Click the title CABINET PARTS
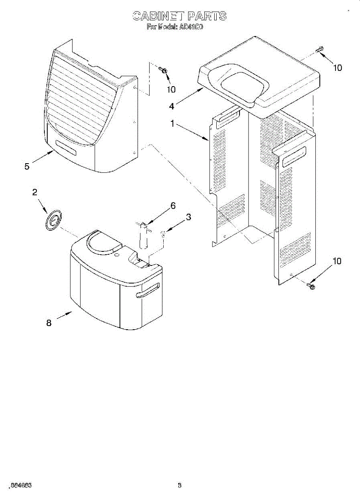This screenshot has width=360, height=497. tap(179, 16)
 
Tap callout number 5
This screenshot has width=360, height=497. tap(27, 166)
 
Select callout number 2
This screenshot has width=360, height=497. tap(35, 192)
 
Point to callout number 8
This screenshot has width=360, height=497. tap(49, 323)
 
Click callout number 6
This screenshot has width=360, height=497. tap(173, 205)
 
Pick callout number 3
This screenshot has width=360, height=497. tap(188, 217)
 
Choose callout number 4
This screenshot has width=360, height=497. tap(172, 106)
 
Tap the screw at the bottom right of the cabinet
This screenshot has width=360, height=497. tap(311, 285)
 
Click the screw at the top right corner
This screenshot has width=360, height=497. tap(319, 51)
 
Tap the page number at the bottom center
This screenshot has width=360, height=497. tap(179, 485)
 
